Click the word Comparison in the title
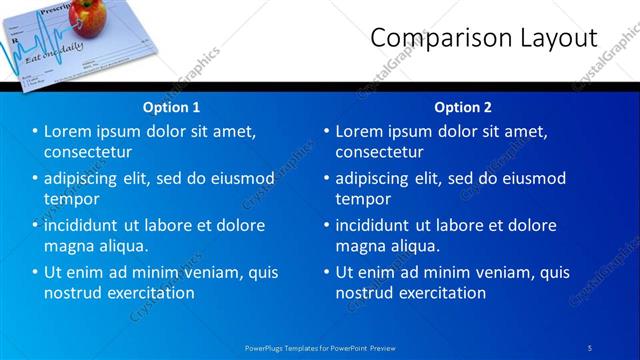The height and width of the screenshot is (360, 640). pos(433,38)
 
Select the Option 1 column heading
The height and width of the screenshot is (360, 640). pos(172,106)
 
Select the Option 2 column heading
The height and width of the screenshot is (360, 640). pos(462,106)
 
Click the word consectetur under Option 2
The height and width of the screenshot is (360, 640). pos(379,152)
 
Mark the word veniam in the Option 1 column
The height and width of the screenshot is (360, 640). pos(205,272)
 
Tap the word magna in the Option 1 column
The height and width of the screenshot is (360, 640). pos(68,245)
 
